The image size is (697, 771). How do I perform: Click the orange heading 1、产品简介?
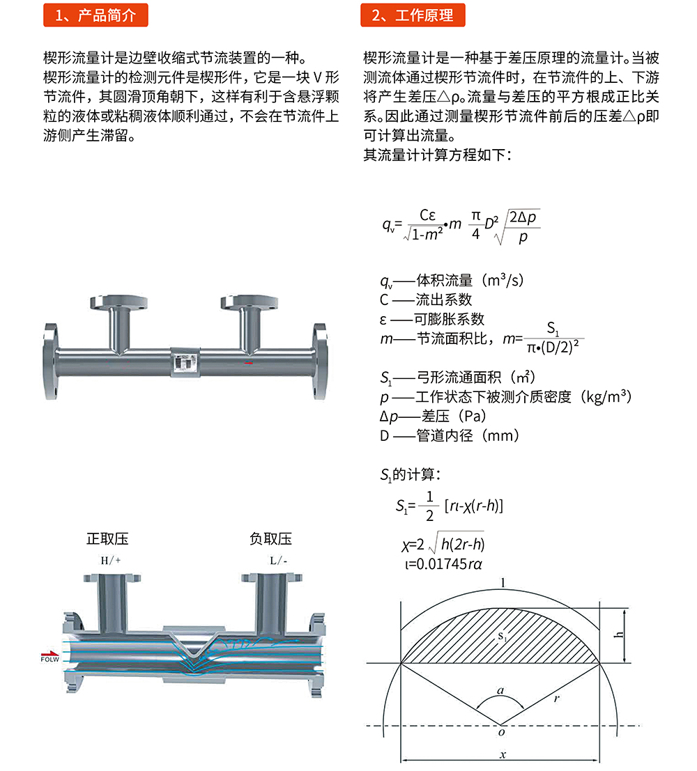pyautogui.click(x=95, y=15)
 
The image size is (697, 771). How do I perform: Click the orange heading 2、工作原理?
pyautogui.click(x=412, y=15)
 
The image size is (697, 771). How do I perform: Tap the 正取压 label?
pyautogui.click(x=107, y=538)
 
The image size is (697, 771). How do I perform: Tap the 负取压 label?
pyautogui.click(x=270, y=538)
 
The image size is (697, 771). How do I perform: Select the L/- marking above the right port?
pyautogui.click(x=278, y=559)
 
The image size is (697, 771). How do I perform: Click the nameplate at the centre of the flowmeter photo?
pyautogui.click(x=185, y=361)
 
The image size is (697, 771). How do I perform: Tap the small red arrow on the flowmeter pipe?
pyautogui.click(x=248, y=363)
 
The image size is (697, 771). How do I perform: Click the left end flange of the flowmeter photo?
pyautogui.click(x=50, y=360)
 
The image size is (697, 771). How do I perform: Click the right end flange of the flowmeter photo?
pyautogui.click(x=319, y=360)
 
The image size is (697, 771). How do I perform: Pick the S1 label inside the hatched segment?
pyautogui.click(x=501, y=637)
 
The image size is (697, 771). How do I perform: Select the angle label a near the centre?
pyautogui.click(x=500, y=692)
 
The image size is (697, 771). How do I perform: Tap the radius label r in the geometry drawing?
pyautogui.click(x=557, y=699)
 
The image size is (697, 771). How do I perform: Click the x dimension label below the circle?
pyautogui.click(x=503, y=754)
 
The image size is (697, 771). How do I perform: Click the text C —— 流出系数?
pyautogui.click(x=426, y=299)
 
